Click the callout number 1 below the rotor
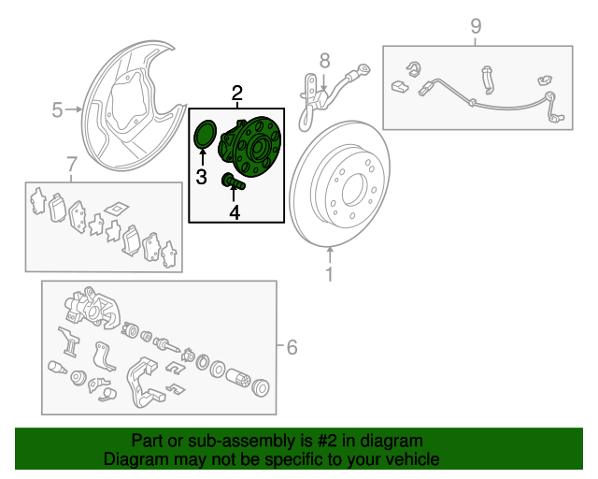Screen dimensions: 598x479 [x=329, y=274]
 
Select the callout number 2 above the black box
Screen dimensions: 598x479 [x=236, y=93]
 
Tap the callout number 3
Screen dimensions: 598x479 [x=202, y=177]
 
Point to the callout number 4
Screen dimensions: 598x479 [x=235, y=212]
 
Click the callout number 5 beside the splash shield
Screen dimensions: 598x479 [x=57, y=110]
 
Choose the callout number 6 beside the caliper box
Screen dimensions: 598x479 [x=292, y=347]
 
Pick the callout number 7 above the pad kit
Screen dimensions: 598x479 [x=72, y=165]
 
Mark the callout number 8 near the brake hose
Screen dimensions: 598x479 [x=324, y=61]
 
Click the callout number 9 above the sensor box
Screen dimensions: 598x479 [x=476, y=26]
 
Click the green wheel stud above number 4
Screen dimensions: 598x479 [x=234, y=181]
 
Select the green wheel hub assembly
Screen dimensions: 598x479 [x=249, y=146]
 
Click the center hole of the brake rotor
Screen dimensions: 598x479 [x=355, y=190]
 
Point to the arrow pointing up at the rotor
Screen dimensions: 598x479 [x=330, y=254]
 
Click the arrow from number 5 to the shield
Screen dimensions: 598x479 [x=74, y=109]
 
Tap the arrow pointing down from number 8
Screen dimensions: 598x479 [x=324, y=83]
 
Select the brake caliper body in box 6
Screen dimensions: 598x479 [x=93, y=309]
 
